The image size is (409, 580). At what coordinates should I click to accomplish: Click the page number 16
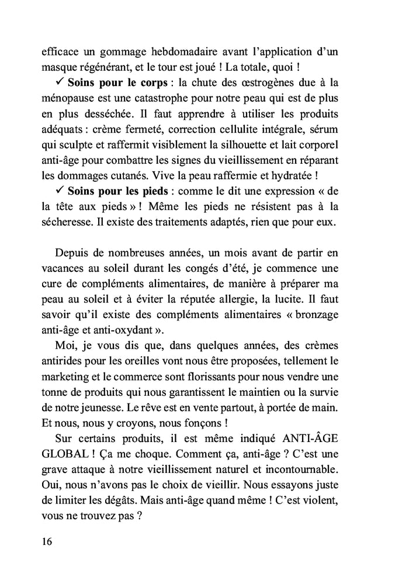point(47,541)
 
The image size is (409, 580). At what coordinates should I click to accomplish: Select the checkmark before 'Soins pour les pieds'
point(58,191)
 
